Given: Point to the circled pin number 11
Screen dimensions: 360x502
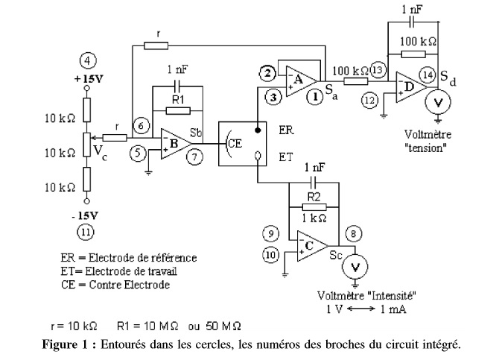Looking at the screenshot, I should point(86,231).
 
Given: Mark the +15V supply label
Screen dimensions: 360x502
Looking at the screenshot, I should point(86,78).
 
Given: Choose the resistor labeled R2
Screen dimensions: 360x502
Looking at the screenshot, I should point(313,198).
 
